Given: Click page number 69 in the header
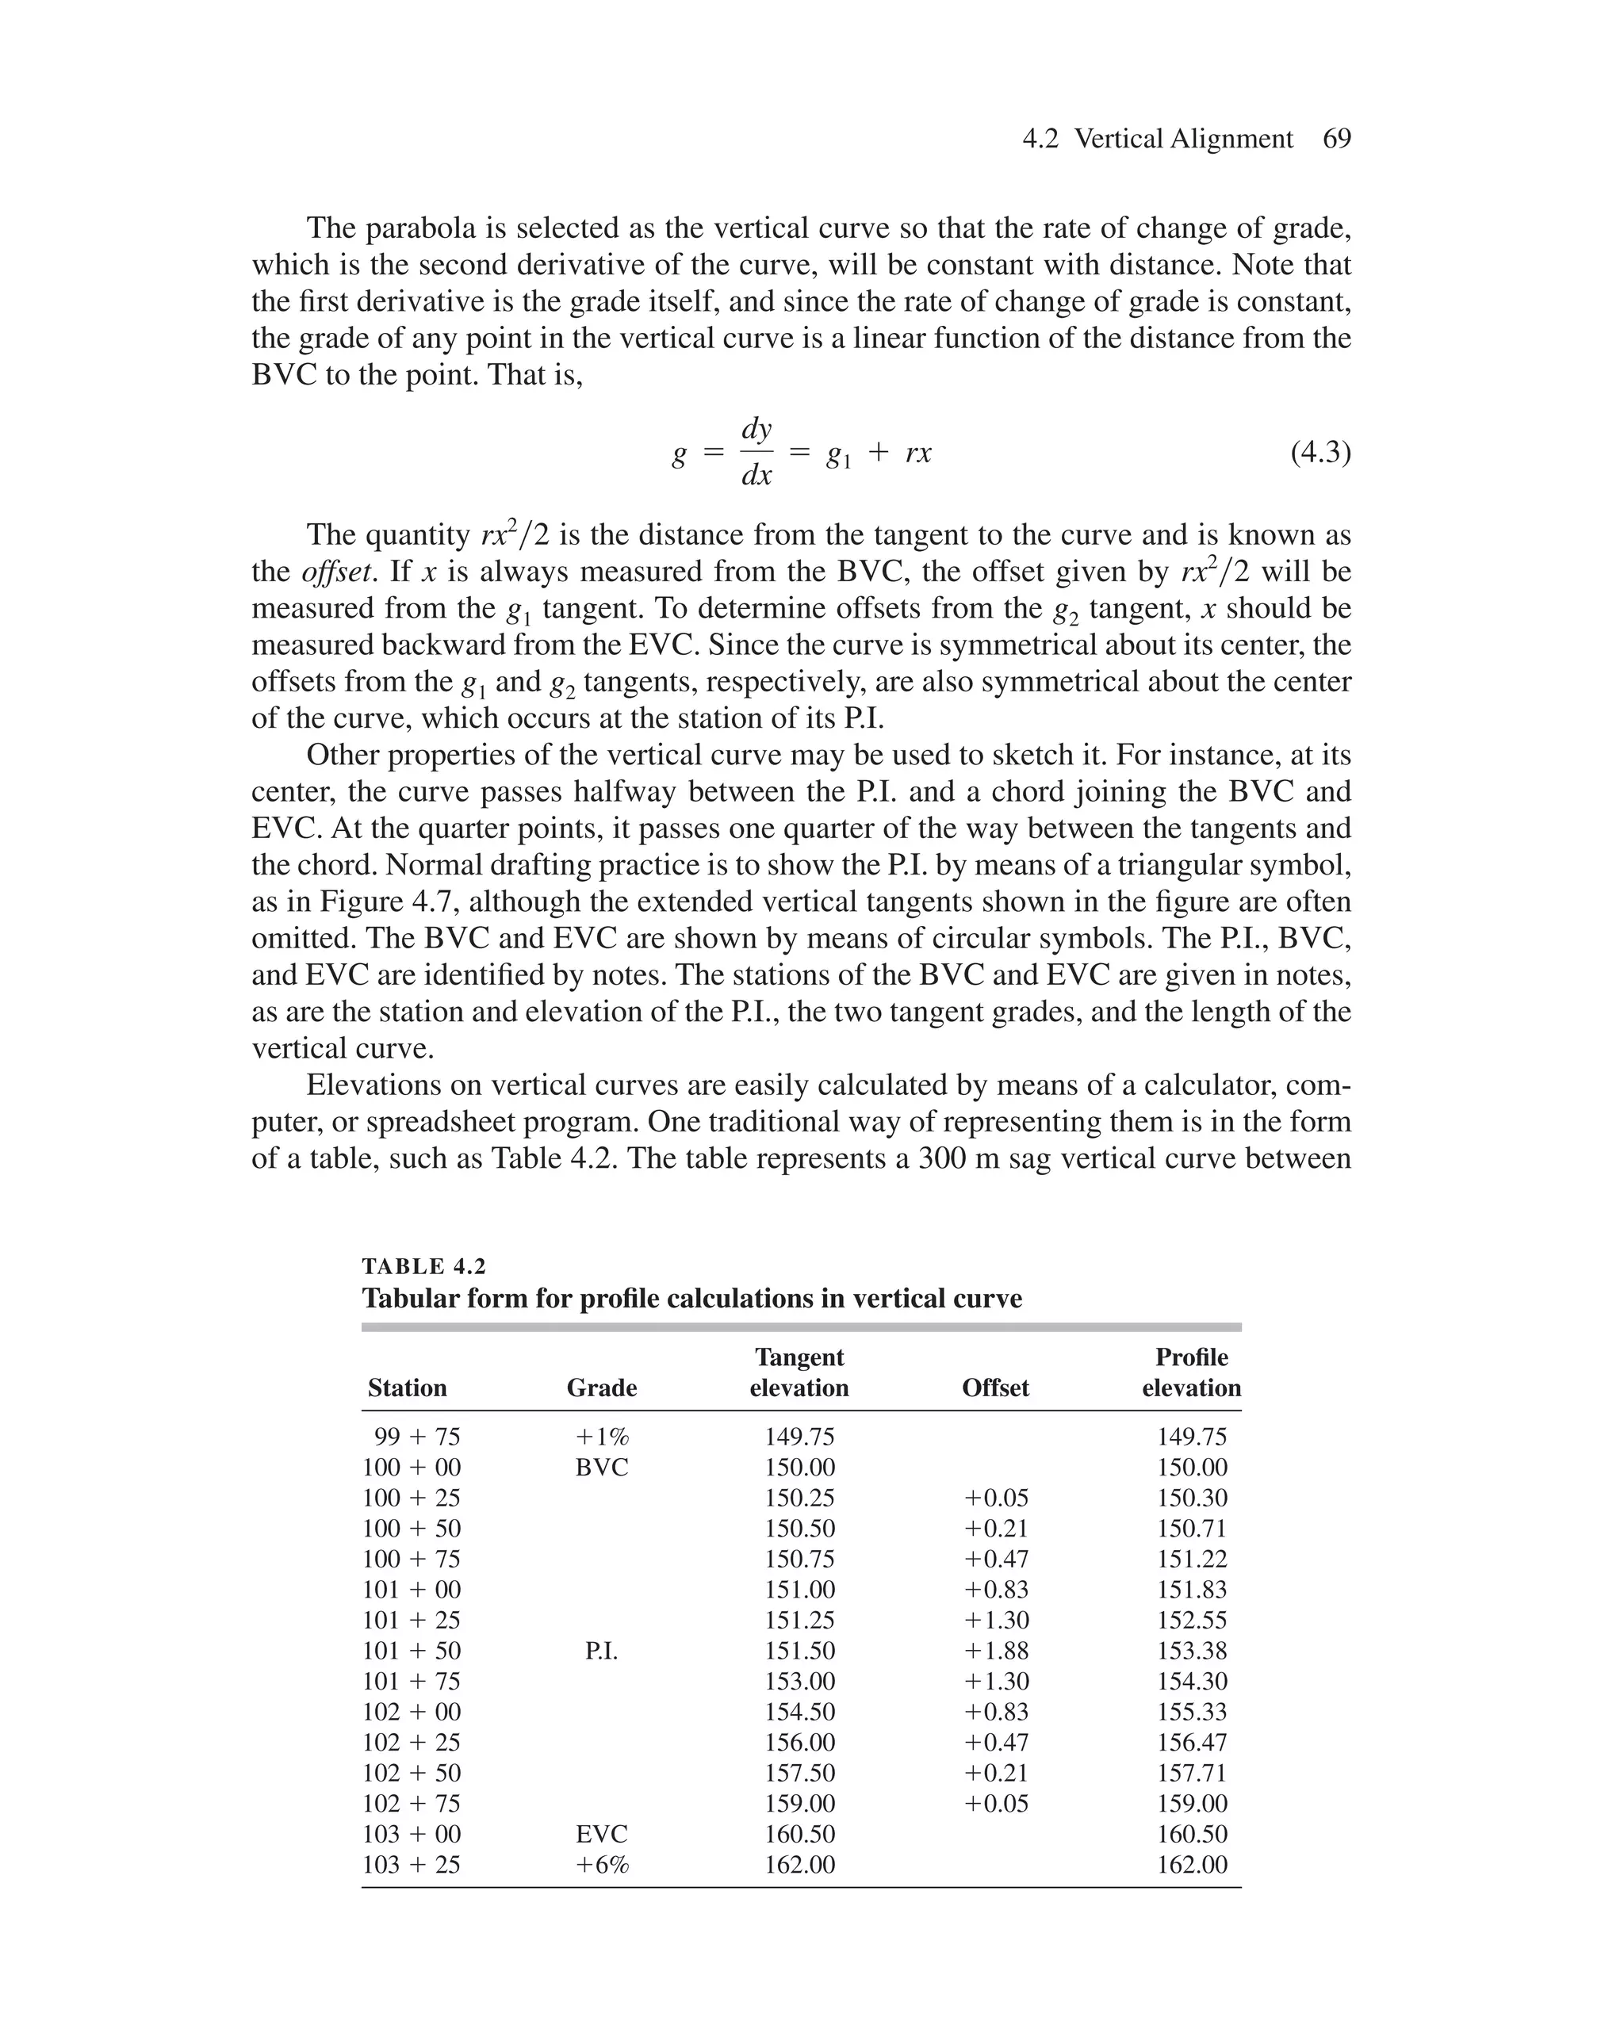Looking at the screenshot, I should (1336, 139).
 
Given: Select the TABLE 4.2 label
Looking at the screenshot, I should (424, 1266).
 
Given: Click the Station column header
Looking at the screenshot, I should (407, 1387).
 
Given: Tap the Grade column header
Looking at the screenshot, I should (602, 1387).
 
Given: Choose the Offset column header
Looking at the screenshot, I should (996, 1387).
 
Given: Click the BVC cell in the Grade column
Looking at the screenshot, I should (602, 1468).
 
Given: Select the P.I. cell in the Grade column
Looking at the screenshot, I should (602, 1652).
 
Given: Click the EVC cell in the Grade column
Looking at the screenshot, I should (602, 1835).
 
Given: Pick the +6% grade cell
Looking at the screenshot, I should (602, 1865).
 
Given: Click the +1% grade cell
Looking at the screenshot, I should (602, 1437).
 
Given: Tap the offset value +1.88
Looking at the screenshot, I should (996, 1652).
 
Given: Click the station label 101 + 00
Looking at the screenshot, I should (412, 1590).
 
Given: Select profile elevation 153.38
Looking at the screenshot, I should (1192, 1652).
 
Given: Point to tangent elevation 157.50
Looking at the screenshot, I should (799, 1773).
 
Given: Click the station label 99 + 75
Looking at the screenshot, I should (416, 1437).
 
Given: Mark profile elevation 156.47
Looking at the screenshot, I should (1192, 1743).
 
